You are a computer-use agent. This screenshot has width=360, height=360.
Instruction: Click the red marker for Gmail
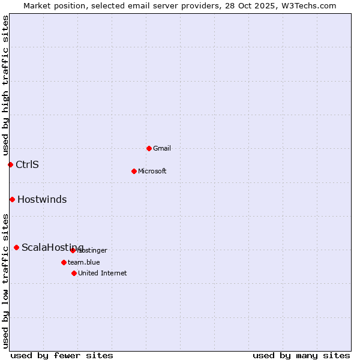coord(149,148)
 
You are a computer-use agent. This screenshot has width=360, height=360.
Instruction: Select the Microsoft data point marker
coord(134,171)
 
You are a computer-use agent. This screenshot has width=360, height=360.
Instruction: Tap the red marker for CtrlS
coord(10,164)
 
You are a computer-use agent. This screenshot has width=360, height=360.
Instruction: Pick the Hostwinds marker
coord(12,199)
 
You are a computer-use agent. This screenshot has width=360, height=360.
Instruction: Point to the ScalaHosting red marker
coord(16,247)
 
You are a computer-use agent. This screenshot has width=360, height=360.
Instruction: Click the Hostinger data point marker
coord(73,250)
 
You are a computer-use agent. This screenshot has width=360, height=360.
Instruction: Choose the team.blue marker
coord(64,262)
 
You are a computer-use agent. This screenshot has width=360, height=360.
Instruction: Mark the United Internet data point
coord(74,273)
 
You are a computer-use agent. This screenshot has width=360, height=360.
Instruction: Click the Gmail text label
coord(162,148)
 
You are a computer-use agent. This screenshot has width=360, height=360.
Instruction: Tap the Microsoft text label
coord(152,171)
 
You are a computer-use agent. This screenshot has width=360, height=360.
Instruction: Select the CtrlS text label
coord(27,164)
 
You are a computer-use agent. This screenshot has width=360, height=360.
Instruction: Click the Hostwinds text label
coord(42,199)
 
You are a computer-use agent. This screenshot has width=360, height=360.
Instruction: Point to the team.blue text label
coord(84,262)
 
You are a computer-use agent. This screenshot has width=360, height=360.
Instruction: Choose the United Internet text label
coord(103,273)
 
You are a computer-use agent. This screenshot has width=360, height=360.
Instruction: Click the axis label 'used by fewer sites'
coord(62,355)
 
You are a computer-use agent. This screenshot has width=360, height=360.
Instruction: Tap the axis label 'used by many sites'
coord(301,355)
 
